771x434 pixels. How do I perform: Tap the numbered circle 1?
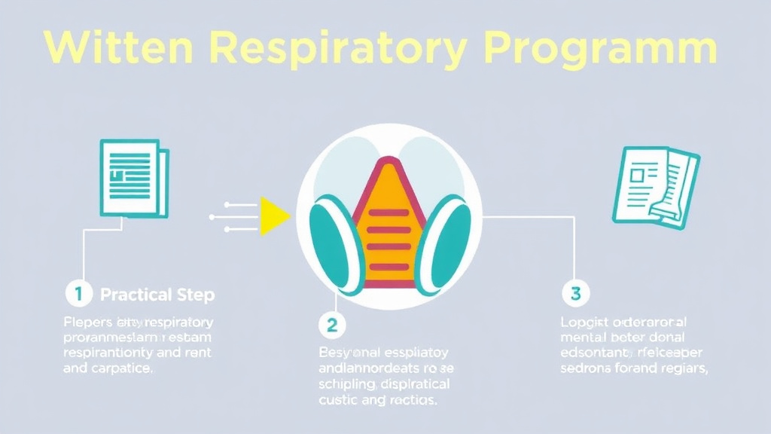(78, 294)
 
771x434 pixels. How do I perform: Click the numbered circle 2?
(332, 325)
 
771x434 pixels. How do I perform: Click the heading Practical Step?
(157, 295)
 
